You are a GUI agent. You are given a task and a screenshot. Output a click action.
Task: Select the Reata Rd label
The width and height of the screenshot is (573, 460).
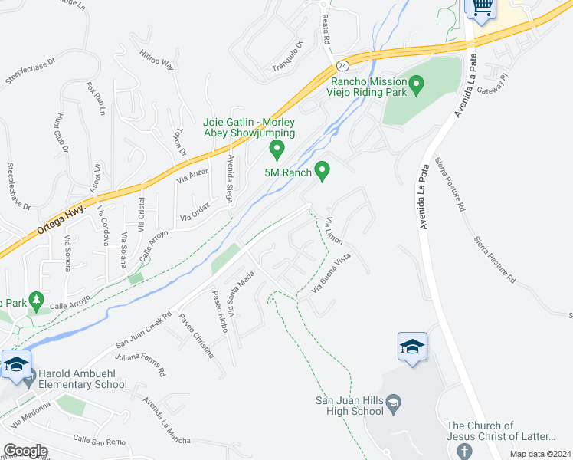click(326, 31)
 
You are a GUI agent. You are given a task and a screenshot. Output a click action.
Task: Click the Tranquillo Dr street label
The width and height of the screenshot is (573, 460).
click(288, 56)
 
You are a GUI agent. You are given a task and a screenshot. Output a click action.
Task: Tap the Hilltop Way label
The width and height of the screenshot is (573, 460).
click(157, 60)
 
